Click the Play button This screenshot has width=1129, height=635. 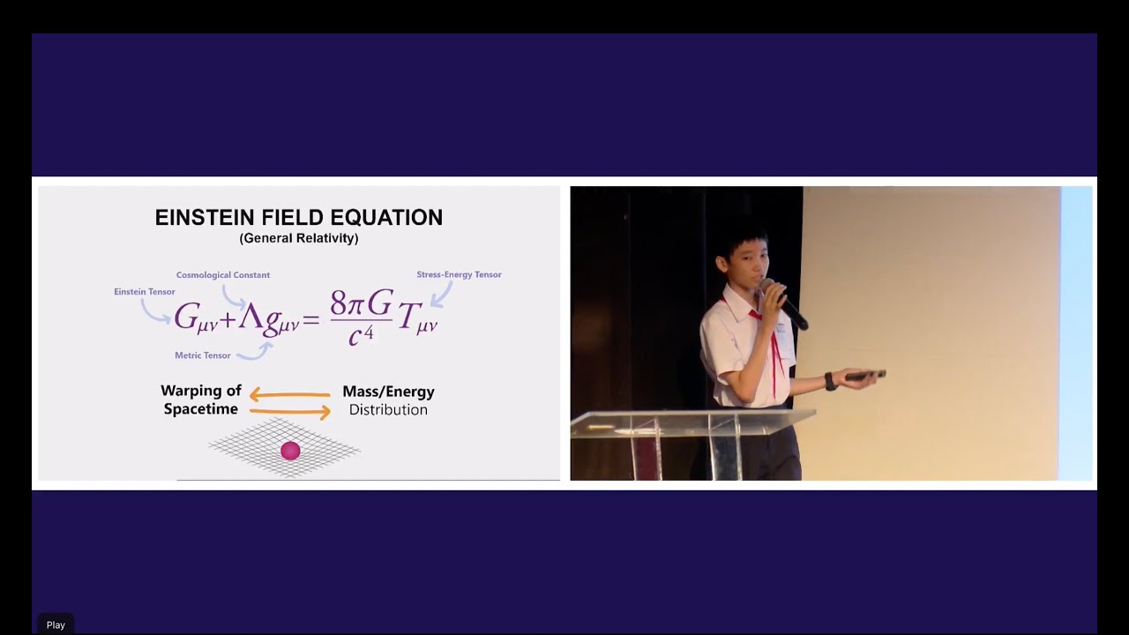[56, 624]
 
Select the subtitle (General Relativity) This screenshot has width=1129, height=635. [299, 238]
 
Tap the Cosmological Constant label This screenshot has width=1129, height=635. [223, 275]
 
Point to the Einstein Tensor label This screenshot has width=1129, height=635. [145, 292]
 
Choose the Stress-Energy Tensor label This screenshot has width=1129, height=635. [459, 274]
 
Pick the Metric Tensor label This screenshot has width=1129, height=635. [203, 355]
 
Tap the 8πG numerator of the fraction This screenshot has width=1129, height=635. [361, 304]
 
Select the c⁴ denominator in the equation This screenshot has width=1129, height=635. [361, 335]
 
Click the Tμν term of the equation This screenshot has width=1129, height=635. [417, 320]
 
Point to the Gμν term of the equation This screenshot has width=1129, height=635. [195, 318]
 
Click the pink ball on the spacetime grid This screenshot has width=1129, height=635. [290, 451]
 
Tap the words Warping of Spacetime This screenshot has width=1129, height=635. [201, 400]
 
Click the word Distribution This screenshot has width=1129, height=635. [388, 410]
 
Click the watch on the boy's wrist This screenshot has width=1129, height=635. [830, 381]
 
